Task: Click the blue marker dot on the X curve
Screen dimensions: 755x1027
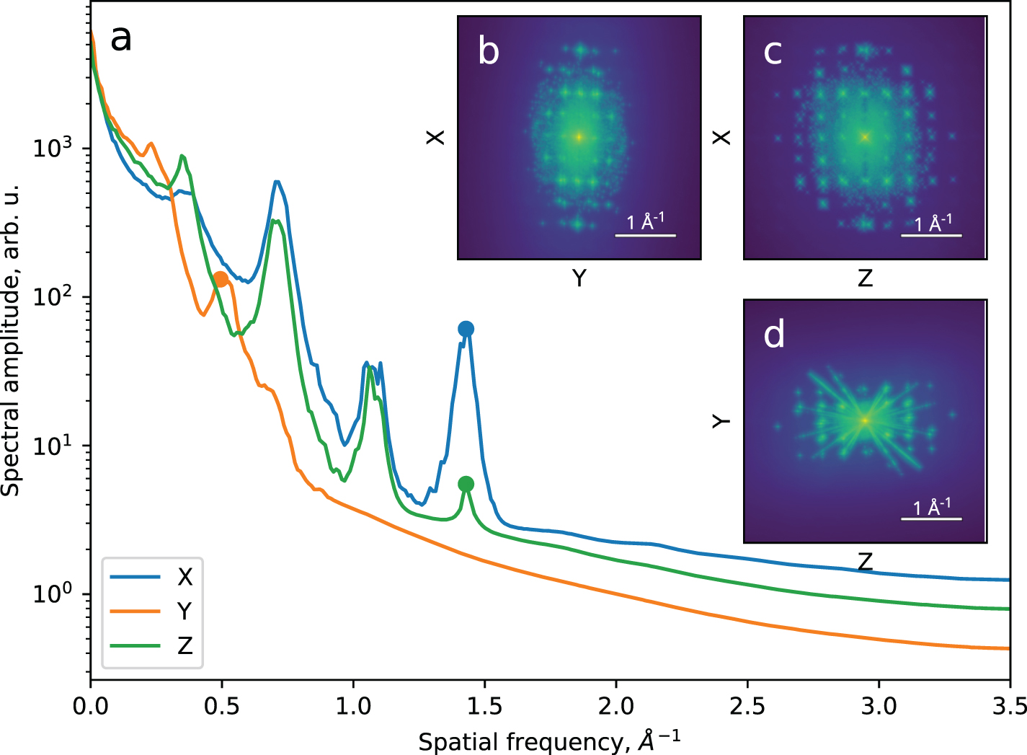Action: (x=466, y=329)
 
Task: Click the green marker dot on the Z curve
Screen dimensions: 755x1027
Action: (x=466, y=483)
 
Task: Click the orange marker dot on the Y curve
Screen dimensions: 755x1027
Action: (x=221, y=279)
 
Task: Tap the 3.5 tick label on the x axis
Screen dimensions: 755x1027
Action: (x=1009, y=705)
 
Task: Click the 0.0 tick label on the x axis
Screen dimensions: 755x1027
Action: (x=91, y=705)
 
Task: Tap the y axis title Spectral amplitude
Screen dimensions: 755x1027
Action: (x=12, y=339)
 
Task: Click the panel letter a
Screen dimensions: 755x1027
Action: (x=121, y=38)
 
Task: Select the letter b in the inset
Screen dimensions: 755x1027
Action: (x=488, y=51)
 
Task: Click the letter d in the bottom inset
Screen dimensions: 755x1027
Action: (x=773, y=335)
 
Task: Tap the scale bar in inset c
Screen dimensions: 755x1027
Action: (x=931, y=235)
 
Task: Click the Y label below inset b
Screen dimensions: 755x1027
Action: (x=579, y=278)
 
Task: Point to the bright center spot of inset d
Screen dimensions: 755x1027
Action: (x=865, y=420)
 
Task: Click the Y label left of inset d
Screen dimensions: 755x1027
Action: (x=721, y=420)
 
